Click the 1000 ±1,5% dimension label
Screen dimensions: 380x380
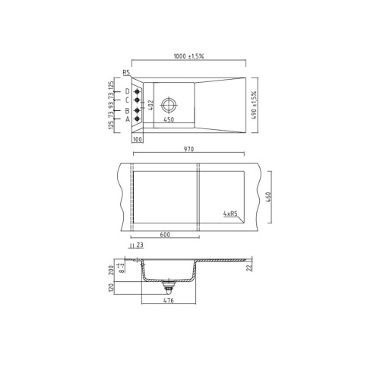(188, 57)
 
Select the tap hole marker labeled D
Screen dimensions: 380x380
(138, 91)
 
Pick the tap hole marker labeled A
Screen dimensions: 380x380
(138, 119)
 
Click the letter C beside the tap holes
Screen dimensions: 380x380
(127, 100)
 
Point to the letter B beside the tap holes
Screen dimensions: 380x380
(127, 110)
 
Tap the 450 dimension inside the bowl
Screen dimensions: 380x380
(169, 119)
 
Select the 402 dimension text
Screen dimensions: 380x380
(151, 105)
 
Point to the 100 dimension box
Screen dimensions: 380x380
(138, 140)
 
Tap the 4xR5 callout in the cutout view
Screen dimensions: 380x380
(229, 214)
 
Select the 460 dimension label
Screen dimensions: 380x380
(268, 198)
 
